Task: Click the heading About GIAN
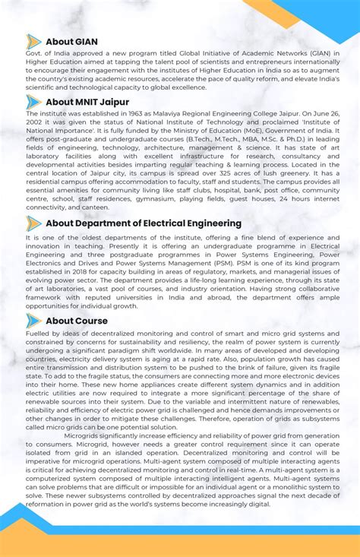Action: [71, 42]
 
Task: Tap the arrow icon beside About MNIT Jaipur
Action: [33, 102]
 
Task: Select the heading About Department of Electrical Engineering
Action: [144, 223]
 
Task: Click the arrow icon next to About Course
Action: [33, 321]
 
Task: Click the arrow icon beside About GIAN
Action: [33, 42]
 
